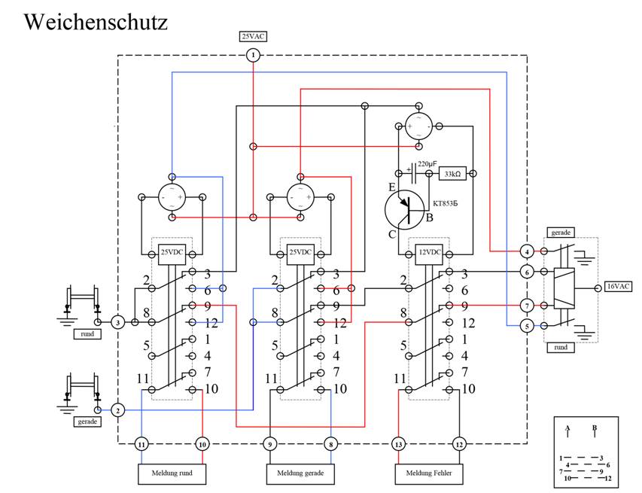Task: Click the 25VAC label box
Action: point(253,36)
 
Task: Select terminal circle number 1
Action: point(253,55)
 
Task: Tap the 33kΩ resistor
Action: point(452,173)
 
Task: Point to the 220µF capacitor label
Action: point(427,163)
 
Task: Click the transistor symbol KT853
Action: point(405,209)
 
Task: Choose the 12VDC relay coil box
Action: point(427,251)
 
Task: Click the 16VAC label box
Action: point(618,288)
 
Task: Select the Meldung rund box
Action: point(172,473)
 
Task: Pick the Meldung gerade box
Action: point(300,473)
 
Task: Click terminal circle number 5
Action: point(528,325)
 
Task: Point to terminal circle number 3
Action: point(118,322)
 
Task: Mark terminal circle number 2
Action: point(118,410)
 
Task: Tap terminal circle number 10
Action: point(202,445)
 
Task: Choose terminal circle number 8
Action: point(330,445)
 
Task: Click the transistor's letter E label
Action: point(391,186)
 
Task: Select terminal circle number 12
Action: point(459,445)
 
